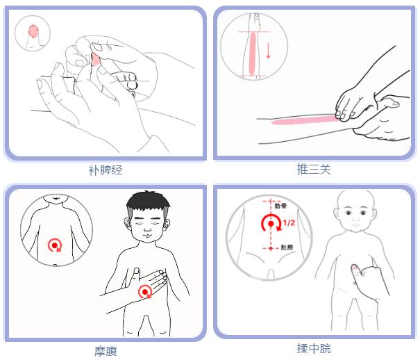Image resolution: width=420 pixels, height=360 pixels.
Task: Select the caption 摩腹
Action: coord(106,351)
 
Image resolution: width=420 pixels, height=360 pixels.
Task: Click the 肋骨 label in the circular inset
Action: coord(281,206)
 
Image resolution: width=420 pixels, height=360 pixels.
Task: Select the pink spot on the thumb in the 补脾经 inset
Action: coord(33,31)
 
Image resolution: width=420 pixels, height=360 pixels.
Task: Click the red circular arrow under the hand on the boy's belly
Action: coord(146,292)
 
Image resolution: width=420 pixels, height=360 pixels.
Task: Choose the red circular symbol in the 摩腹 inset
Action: coord(54,245)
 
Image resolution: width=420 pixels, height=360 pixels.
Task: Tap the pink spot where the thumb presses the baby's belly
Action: coord(354,267)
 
